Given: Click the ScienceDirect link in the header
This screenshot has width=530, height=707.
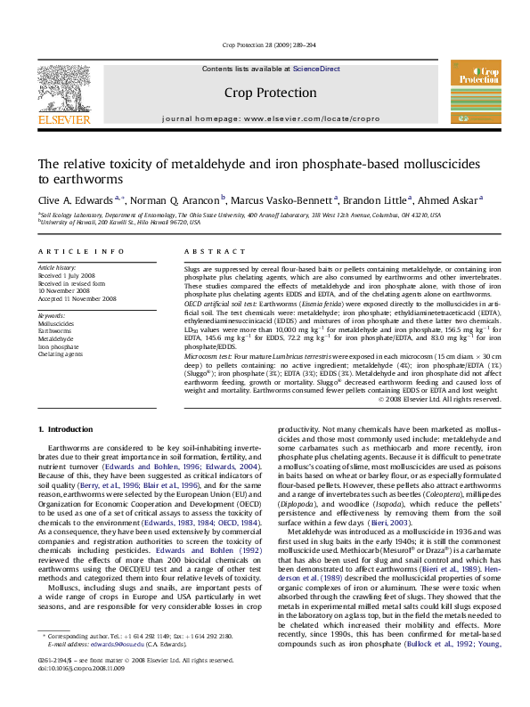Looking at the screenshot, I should click(x=317, y=69).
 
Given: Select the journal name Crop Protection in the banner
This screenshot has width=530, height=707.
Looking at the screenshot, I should click(x=265, y=92).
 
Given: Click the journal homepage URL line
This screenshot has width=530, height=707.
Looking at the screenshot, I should click(x=265, y=118).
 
